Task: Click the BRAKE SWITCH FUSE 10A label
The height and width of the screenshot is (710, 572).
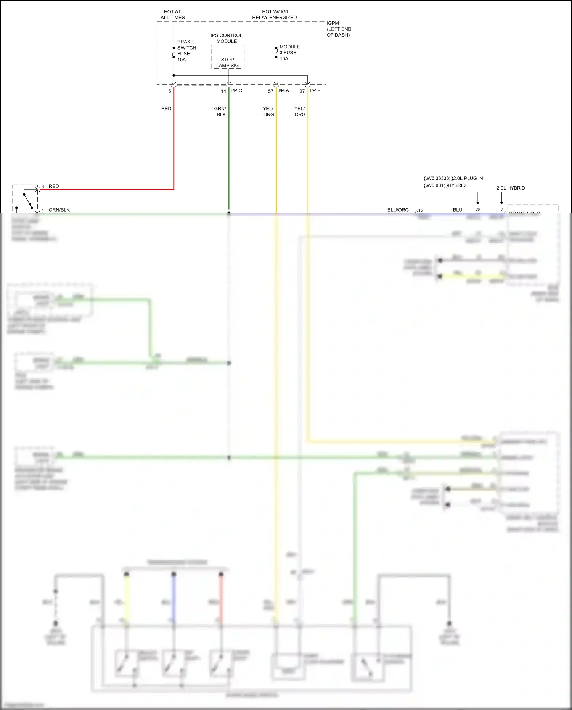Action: pyautogui.click(x=186, y=51)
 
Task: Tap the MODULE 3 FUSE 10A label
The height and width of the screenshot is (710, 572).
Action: pyautogui.click(x=289, y=53)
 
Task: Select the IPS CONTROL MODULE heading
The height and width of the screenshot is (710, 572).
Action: pyautogui.click(x=227, y=38)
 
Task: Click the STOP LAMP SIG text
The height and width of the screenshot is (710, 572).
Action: pyautogui.click(x=227, y=63)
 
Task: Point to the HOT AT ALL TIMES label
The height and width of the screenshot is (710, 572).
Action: pyautogui.click(x=172, y=14)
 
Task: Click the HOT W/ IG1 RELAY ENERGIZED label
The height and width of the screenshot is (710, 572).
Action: pyautogui.click(x=274, y=14)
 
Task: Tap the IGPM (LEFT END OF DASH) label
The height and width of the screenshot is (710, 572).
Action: pyautogui.click(x=339, y=29)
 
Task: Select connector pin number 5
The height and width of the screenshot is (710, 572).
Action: pyautogui.click(x=170, y=92)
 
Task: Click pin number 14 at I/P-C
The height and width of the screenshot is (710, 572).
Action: pyautogui.click(x=223, y=92)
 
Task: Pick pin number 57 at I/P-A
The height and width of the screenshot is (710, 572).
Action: pyautogui.click(x=270, y=92)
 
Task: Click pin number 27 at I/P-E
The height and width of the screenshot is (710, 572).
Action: pyautogui.click(x=302, y=92)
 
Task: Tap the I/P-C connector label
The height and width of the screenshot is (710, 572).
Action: pyautogui.click(x=236, y=91)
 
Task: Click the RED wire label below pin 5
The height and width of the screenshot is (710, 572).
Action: pyautogui.click(x=166, y=109)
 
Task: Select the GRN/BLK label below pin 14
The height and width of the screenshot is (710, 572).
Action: pyautogui.click(x=220, y=111)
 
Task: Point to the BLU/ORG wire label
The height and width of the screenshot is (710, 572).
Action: pyautogui.click(x=398, y=210)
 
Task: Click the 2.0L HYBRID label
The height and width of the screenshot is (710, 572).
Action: pyautogui.click(x=511, y=188)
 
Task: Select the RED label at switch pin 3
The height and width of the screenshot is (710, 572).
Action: pyautogui.click(x=54, y=186)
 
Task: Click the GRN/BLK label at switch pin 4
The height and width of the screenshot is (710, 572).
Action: pyautogui.click(x=59, y=210)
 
